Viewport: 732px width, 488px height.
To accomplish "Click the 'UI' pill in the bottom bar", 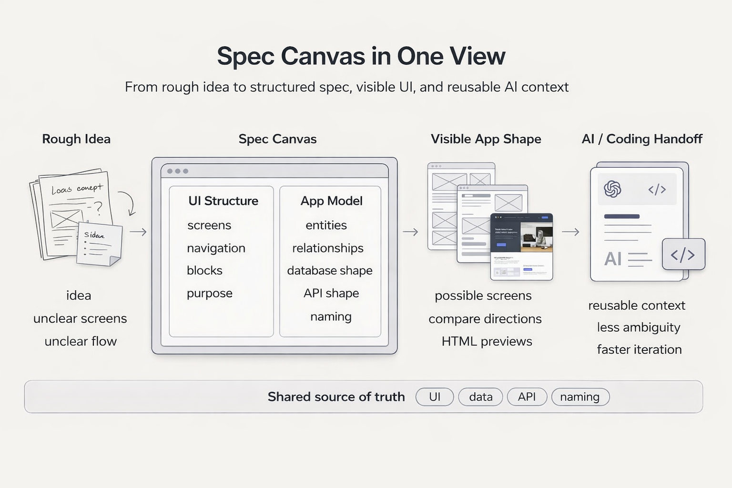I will tap(434, 396).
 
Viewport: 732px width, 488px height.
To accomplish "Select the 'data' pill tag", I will tap(480, 396).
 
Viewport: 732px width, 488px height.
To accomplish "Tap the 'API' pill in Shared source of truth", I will tap(527, 396).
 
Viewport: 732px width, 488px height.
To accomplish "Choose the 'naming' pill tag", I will tap(580, 396).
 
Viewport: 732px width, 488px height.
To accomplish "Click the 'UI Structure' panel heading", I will tap(223, 201).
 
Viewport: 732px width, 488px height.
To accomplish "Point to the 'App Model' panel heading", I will tap(331, 201).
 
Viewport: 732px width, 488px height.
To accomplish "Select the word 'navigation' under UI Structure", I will tap(216, 248).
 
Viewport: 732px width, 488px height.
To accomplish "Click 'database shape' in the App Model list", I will tap(330, 270).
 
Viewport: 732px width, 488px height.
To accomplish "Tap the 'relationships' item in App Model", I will tap(328, 248).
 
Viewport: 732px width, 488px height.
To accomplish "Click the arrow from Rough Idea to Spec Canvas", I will tap(138, 232).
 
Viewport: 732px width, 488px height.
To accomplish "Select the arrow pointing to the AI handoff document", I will tap(570, 232).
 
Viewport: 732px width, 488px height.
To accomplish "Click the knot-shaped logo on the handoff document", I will tap(612, 189).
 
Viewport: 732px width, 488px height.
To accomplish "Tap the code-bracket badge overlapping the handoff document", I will tap(683, 254).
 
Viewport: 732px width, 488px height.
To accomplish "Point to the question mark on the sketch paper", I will tap(98, 207).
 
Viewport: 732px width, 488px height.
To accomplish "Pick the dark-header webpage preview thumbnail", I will tap(521, 246).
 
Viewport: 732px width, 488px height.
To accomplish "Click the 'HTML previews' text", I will tap(487, 341).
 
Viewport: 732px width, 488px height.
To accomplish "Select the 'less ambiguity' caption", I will tap(639, 327).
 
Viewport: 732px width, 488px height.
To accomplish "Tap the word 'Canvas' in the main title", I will tap(323, 56).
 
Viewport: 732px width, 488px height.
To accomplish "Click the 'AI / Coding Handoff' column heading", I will tap(642, 139).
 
